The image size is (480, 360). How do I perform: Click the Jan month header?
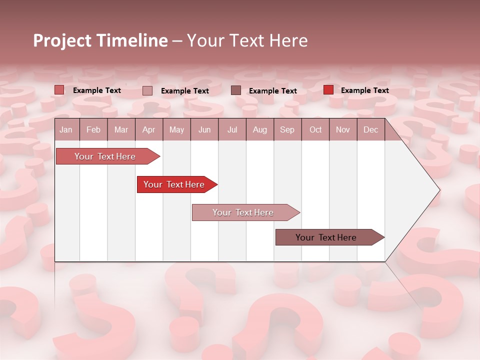pos(66,130)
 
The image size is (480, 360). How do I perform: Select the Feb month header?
pos(93,130)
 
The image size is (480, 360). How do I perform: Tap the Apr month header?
pos(148,130)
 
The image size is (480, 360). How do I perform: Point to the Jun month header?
pos(204,130)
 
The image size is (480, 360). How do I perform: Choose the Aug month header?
pos(259,130)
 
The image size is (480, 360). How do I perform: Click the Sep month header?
pos(287,130)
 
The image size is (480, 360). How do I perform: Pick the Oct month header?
pos(315,130)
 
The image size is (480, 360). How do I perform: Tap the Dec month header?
pos(370,130)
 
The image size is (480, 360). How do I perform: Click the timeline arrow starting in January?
pos(105,156)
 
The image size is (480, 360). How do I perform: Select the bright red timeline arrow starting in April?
pos(174,184)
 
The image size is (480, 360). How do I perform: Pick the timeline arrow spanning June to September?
pos(243,212)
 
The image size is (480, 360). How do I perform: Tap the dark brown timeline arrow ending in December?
pos(326,237)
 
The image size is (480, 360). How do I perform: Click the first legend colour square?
pos(59,90)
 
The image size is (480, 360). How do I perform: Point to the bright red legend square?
pos(328,90)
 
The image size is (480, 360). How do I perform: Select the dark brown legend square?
pos(236,90)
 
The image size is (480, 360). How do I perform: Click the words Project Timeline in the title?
pos(100,40)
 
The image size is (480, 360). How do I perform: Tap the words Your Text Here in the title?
pos(247,40)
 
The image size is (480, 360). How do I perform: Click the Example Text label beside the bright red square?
pos(364,90)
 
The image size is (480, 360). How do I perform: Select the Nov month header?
pos(343,130)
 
